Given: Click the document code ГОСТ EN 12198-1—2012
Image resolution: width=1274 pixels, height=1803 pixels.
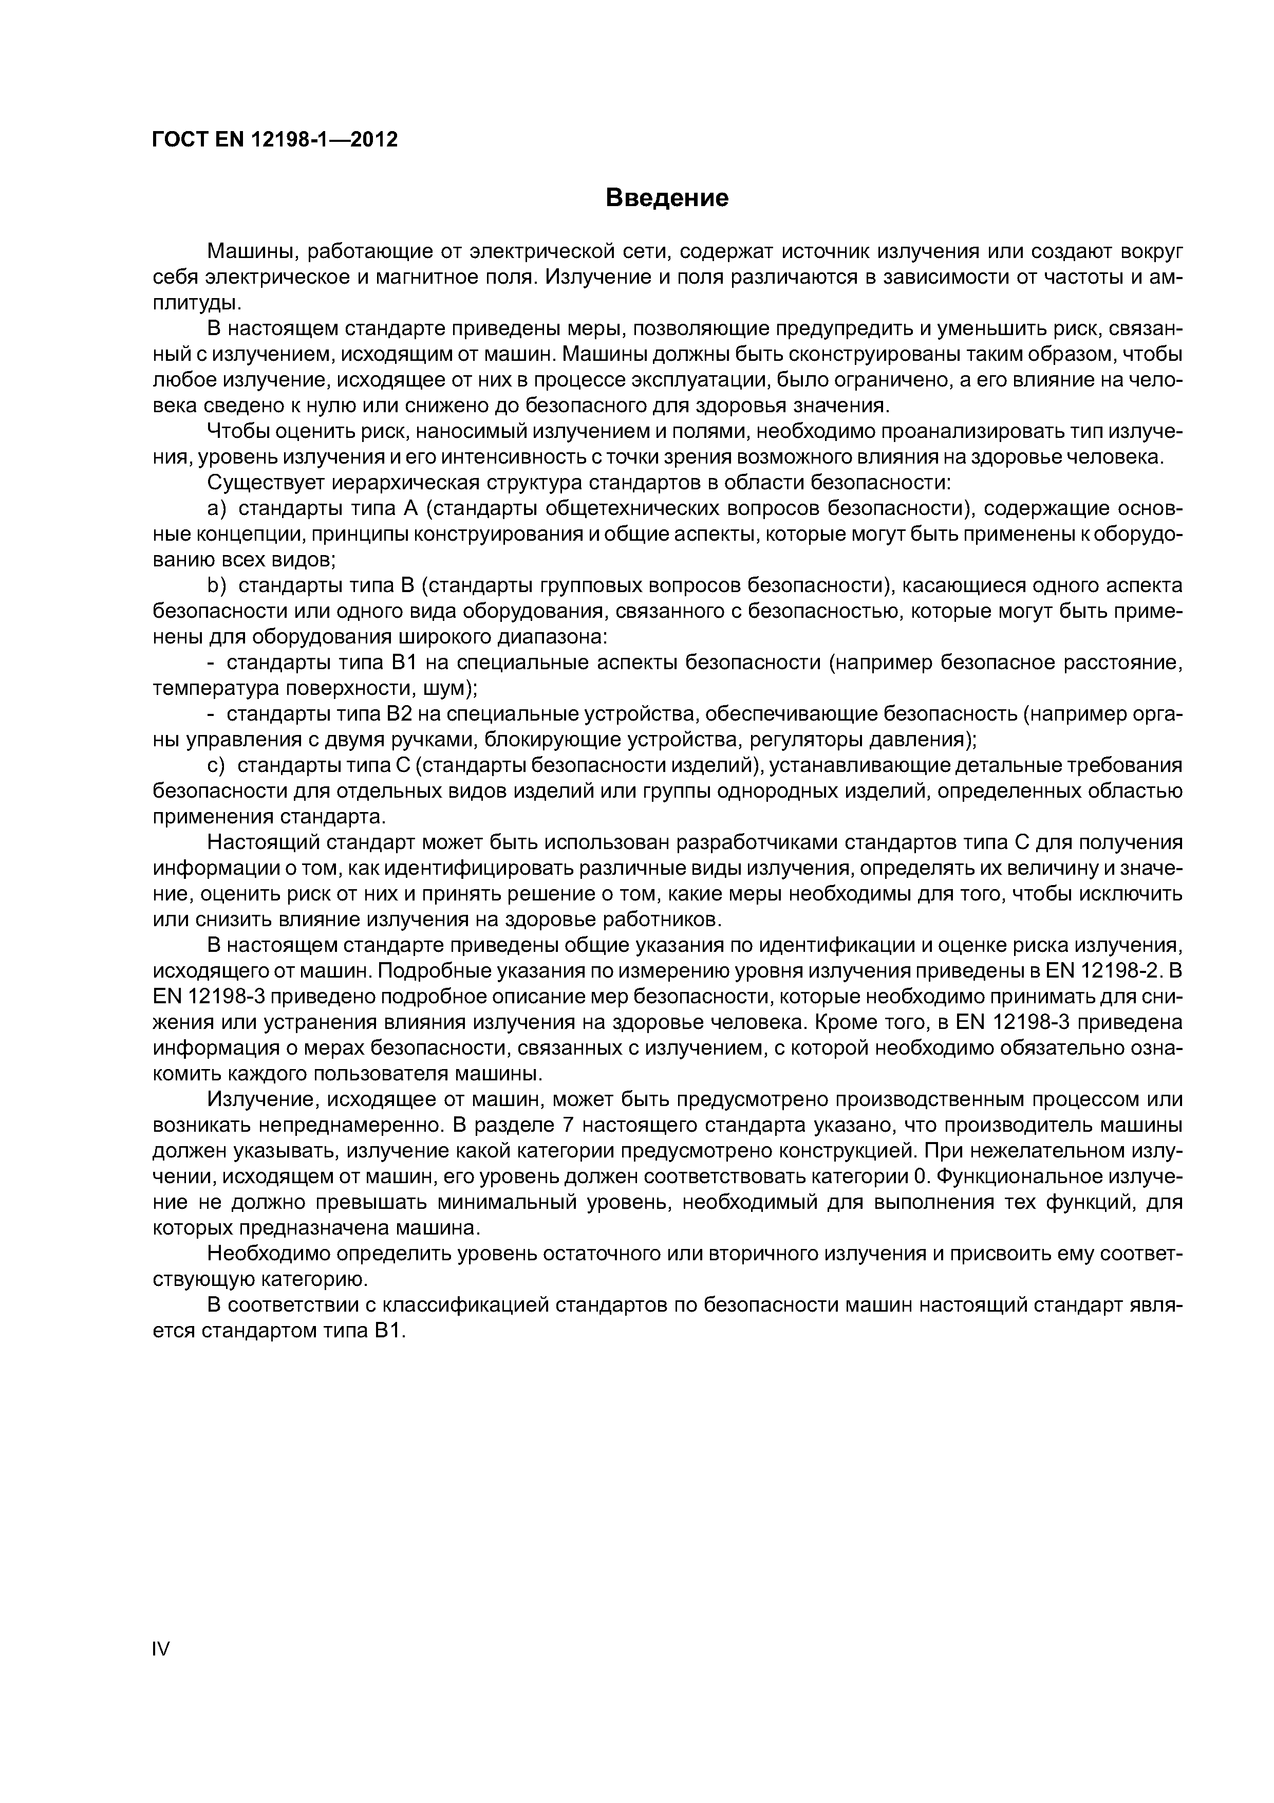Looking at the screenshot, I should coord(275,140).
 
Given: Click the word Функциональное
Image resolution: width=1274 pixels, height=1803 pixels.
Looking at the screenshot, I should coord(1020,1177).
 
